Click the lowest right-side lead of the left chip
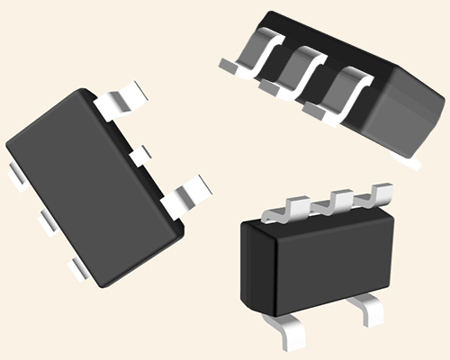pos(191,193)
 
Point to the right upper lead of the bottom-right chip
pos(381,194)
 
